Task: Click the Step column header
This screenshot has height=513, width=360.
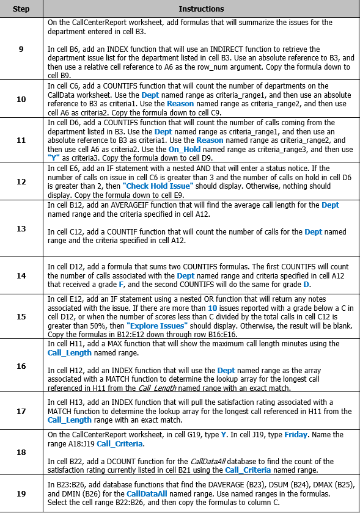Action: (x=21, y=9)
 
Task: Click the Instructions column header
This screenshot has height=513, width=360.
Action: (x=201, y=9)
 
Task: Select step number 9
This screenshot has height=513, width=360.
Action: (x=21, y=49)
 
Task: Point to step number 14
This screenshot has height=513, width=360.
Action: (x=21, y=258)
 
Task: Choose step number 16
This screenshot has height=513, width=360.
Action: (x=21, y=366)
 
